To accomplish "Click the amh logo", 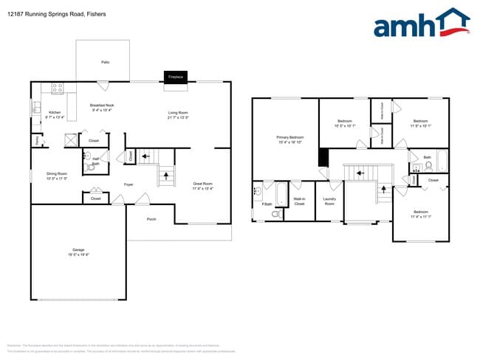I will point(421,24).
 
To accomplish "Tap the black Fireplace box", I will point(175,77).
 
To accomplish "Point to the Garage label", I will point(78,250).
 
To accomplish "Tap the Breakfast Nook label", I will point(102,107).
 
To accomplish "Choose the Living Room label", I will point(178,114).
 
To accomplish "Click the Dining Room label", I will point(57,176).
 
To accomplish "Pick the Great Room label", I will point(202,185).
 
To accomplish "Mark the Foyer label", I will point(128,184).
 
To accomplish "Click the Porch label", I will point(151,219).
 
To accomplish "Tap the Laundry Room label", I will point(329,201).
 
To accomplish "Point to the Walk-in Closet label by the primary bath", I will point(299,201).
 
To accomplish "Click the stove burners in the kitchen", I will point(57,89).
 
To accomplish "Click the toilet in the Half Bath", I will point(92,168).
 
